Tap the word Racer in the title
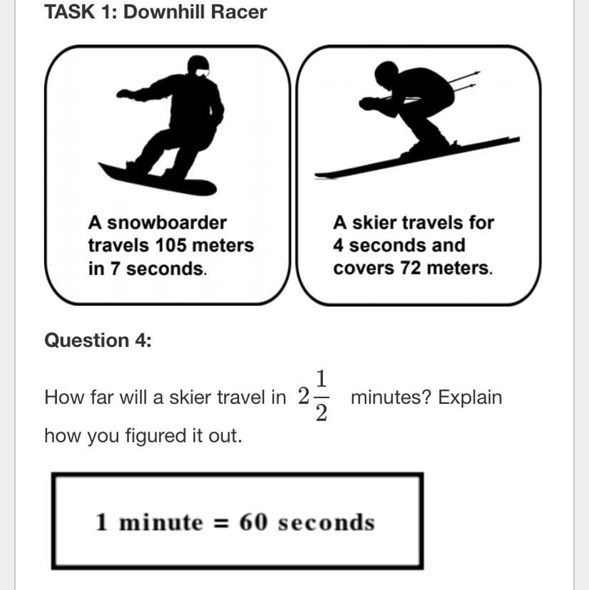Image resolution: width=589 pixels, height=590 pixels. pyautogui.click(x=239, y=11)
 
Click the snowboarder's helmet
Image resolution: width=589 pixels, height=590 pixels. pyautogui.click(x=198, y=66)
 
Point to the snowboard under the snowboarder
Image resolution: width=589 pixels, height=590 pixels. pyautogui.click(x=157, y=180)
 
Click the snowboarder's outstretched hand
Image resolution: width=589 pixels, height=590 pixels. pyautogui.click(x=123, y=93)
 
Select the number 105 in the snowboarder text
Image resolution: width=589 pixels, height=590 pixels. pyautogui.click(x=171, y=245)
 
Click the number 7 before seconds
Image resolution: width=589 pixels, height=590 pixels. pyautogui.click(x=115, y=269)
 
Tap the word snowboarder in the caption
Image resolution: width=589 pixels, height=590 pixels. pyautogui.click(x=167, y=222)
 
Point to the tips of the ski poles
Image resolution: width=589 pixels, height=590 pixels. pyautogui.click(x=476, y=78)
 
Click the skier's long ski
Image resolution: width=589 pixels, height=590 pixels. pyautogui.click(x=417, y=157)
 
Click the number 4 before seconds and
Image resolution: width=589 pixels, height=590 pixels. pyautogui.click(x=338, y=245)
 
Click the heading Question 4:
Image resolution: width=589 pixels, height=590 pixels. pyautogui.click(x=98, y=340)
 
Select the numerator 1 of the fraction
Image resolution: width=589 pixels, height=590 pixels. pyautogui.click(x=321, y=378)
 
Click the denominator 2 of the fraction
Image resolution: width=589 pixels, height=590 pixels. pyautogui.click(x=321, y=413)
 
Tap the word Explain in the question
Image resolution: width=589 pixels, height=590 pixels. pyautogui.click(x=470, y=398)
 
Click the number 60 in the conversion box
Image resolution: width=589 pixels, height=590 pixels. pyautogui.click(x=253, y=522)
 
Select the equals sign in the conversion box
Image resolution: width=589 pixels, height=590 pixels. pyautogui.click(x=220, y=523)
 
